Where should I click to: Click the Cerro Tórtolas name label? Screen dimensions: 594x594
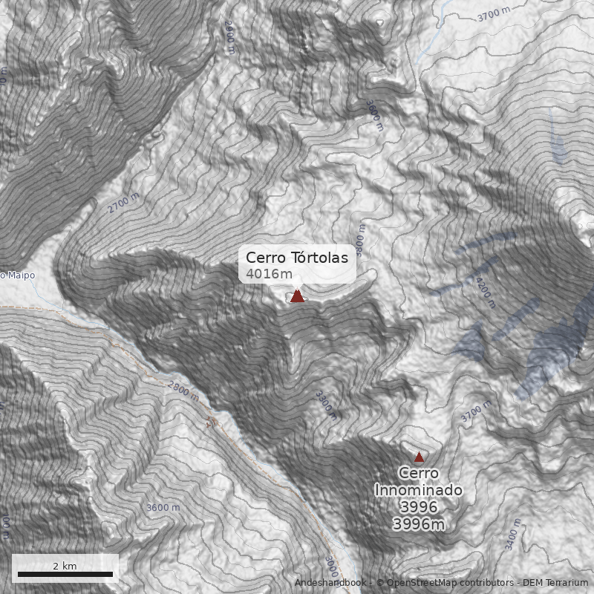tap(297, 258)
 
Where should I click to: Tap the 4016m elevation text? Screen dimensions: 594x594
tap(269, 274)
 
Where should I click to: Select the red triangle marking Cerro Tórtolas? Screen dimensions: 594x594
tap(297, 296)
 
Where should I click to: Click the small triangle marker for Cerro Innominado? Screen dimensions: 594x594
tap(419, 457)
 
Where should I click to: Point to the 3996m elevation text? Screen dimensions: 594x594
tap(419, 524)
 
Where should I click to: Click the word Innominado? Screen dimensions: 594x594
tap(419, 490)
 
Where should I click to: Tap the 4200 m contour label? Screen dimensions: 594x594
tap(486, 293)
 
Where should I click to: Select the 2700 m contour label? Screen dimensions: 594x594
tap(123, 203)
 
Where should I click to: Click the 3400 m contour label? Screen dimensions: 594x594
tap(513, 536)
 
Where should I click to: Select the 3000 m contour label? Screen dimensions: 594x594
tap(331, 568)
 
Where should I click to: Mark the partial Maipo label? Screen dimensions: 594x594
tap(17, 275)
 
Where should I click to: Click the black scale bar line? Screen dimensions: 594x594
tap(65, 575)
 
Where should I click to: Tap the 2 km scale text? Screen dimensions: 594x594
tap(65, 566)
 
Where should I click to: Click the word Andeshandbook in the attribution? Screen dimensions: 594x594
tap(330, 583)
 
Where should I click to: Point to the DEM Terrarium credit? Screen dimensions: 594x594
tap(557, 583)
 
